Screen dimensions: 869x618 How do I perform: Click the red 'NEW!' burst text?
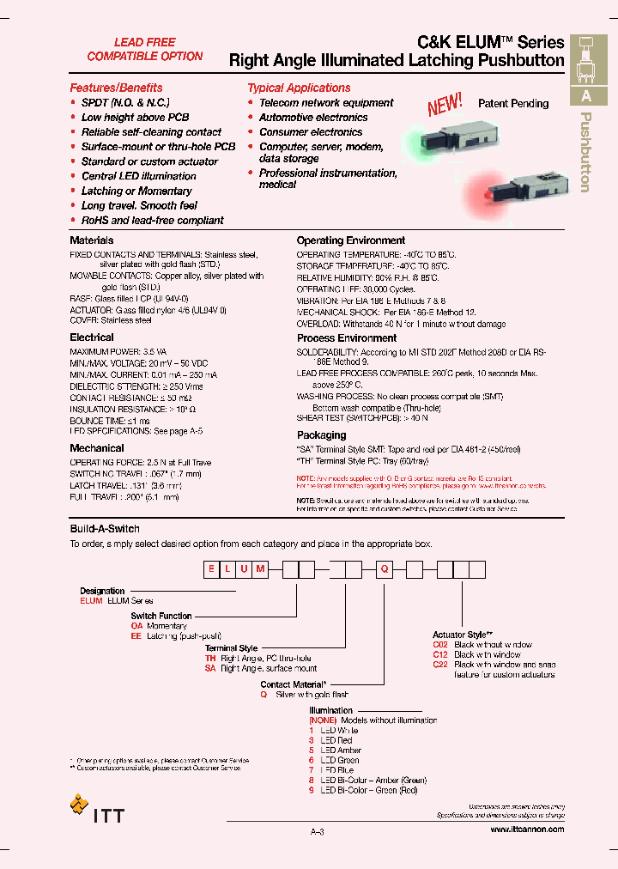tap(445, 105)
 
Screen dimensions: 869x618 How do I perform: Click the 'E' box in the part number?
tap(210, 568)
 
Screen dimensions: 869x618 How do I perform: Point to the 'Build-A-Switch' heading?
tap(105, 529)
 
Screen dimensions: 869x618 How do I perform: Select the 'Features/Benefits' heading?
tap(116, 88)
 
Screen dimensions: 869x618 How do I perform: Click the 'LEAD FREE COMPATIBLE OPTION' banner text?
tap(145, 49)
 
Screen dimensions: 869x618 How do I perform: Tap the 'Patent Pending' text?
tap(513, 103)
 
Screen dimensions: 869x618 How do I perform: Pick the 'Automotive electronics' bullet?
tap(313, 118)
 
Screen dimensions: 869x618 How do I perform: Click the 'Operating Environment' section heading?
tap(351, 240)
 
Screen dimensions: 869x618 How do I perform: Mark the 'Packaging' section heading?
tap(321, 435)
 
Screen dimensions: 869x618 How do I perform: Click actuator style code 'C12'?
tap(440, 654)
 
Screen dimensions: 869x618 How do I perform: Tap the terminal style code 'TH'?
tap(210, 658)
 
